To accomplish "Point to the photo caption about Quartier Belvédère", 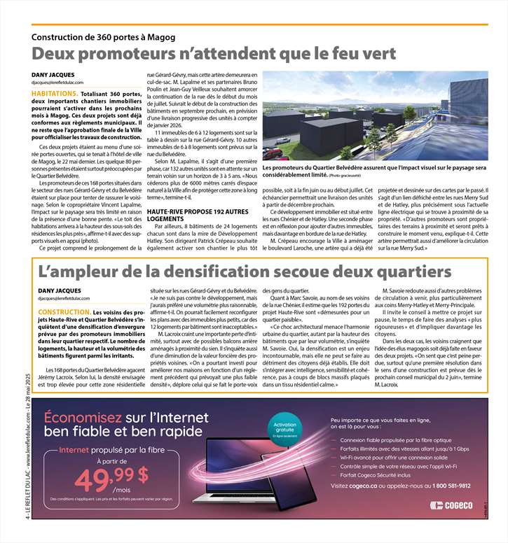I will (374, 172).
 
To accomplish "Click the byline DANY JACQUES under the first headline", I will (53, 75).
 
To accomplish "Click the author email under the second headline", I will (61, 297).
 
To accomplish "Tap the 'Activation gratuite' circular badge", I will (285, 428).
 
